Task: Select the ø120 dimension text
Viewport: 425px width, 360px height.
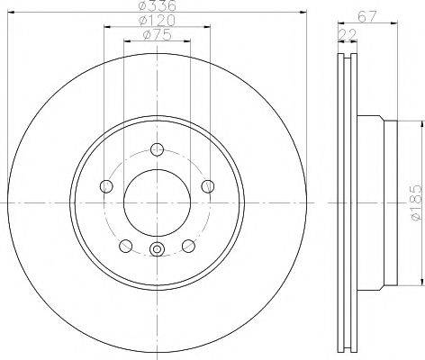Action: point(157,21)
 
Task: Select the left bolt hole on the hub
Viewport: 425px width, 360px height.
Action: point(106,186)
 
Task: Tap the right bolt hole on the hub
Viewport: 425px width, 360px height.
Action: point(207,186)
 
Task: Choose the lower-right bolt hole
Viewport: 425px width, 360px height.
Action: point(188,245)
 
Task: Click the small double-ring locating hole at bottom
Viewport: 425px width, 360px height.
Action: point(157,251)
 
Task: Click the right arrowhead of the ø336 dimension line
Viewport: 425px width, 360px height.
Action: point(303,15)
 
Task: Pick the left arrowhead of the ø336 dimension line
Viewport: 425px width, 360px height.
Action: point(11,15)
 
